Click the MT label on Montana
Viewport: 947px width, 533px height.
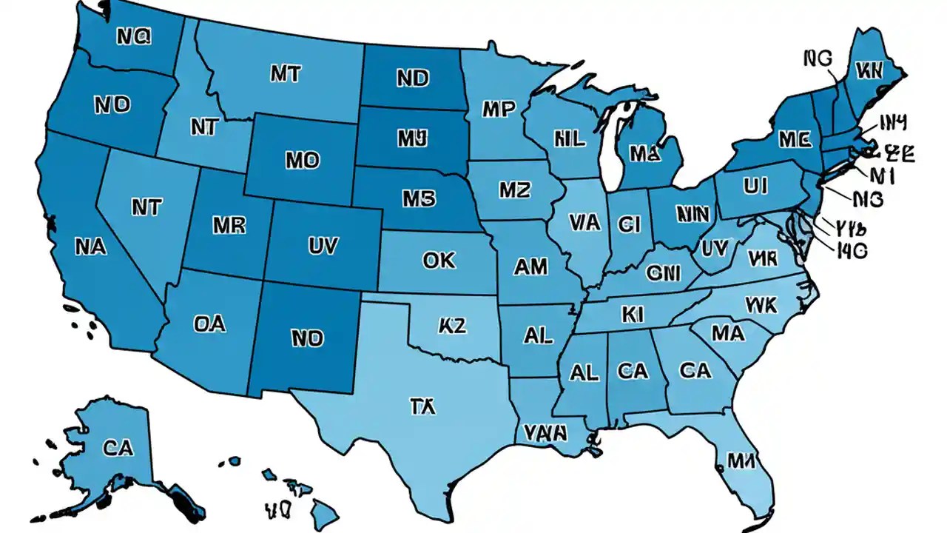pos(285,73)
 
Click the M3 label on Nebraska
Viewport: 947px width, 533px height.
pos(419,198)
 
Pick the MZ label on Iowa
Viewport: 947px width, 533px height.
pos(514,190)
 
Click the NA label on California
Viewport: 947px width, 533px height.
pos(91,247)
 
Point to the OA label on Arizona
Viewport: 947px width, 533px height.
pos(209,324)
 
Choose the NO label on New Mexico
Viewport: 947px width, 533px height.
pos(307,338)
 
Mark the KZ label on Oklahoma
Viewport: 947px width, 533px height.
pos(452,325)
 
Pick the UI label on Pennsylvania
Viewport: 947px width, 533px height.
pos(755,187)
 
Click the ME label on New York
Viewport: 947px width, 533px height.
pos(793,139)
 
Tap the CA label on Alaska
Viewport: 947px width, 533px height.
pos(118,447)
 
